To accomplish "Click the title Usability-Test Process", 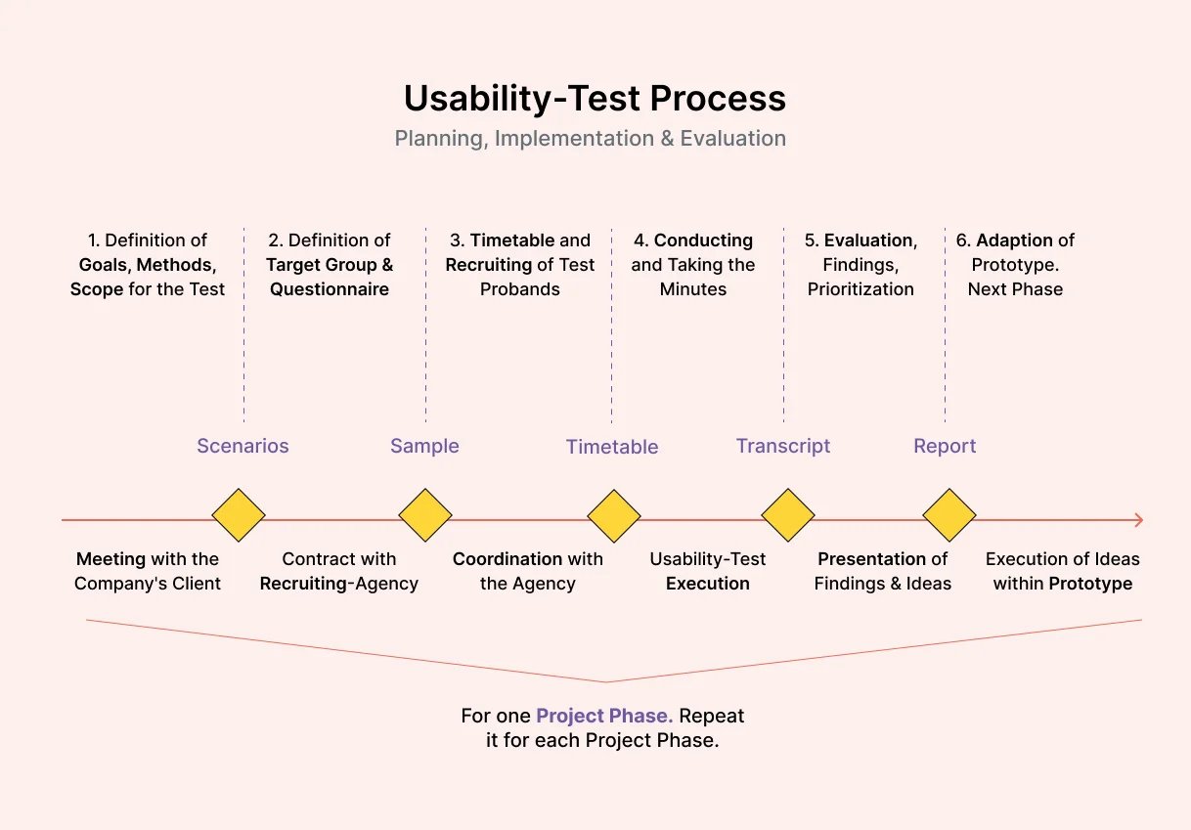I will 595,99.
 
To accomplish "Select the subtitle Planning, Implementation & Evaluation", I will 590,139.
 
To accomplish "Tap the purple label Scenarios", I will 243,446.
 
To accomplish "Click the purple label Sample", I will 424,446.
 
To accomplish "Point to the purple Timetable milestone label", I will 612,447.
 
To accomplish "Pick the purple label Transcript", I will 783,446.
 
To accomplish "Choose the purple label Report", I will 945,446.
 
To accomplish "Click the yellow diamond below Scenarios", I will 239,515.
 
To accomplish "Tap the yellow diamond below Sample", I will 425,515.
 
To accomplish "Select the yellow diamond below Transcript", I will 788,515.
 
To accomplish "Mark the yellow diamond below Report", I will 949,515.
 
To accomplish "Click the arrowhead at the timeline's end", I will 1137,520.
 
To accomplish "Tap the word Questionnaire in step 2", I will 330,289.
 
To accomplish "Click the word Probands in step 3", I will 520,289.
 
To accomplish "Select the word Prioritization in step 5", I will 860,289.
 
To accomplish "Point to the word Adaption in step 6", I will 1014,240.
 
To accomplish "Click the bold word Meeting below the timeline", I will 110,559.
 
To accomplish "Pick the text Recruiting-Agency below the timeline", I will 338,584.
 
